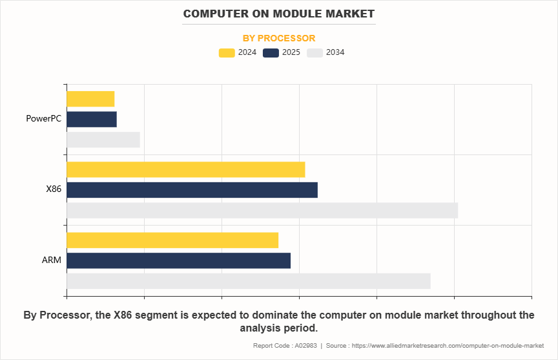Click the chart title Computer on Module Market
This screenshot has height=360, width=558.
pyautogui.click(x=278, y=14)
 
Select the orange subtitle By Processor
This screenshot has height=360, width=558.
pyautogui.click(x=278, y=38)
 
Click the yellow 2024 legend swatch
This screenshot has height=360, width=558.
pyautogui.click(x=227, y=52)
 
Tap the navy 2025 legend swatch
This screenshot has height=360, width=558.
pyautogui.click(x=271, y=52)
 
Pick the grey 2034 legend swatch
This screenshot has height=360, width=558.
pyautogui.click(x=315, y=52)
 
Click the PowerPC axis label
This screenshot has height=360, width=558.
pyautogui.click(x=43, y=119)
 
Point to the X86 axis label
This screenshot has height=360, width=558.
pyautogui.click(x=53, y=189)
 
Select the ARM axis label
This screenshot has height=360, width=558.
pyautogui.click(x=52, y=260)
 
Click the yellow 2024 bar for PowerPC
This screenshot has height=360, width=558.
pyautogui.click(x=90, y=99)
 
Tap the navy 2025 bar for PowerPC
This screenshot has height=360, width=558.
pyautogui.click(x=92, y=120)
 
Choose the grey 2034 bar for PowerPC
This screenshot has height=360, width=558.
pyautogui.click(x=103, y=140)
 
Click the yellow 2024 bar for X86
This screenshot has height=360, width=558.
pyautogui.click(x=185, y=169)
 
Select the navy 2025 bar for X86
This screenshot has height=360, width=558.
pyautogui.click(x=192, y=190)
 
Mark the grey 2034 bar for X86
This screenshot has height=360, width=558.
pyautogui.click(x=262, y=211)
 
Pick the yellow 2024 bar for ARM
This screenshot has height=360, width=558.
pyautogui.click(x=172, y=240)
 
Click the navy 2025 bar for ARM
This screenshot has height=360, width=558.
pyautogui.click(x=178, y=260)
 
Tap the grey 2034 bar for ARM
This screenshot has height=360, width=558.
pyautogui.click(x=248, y=281)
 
